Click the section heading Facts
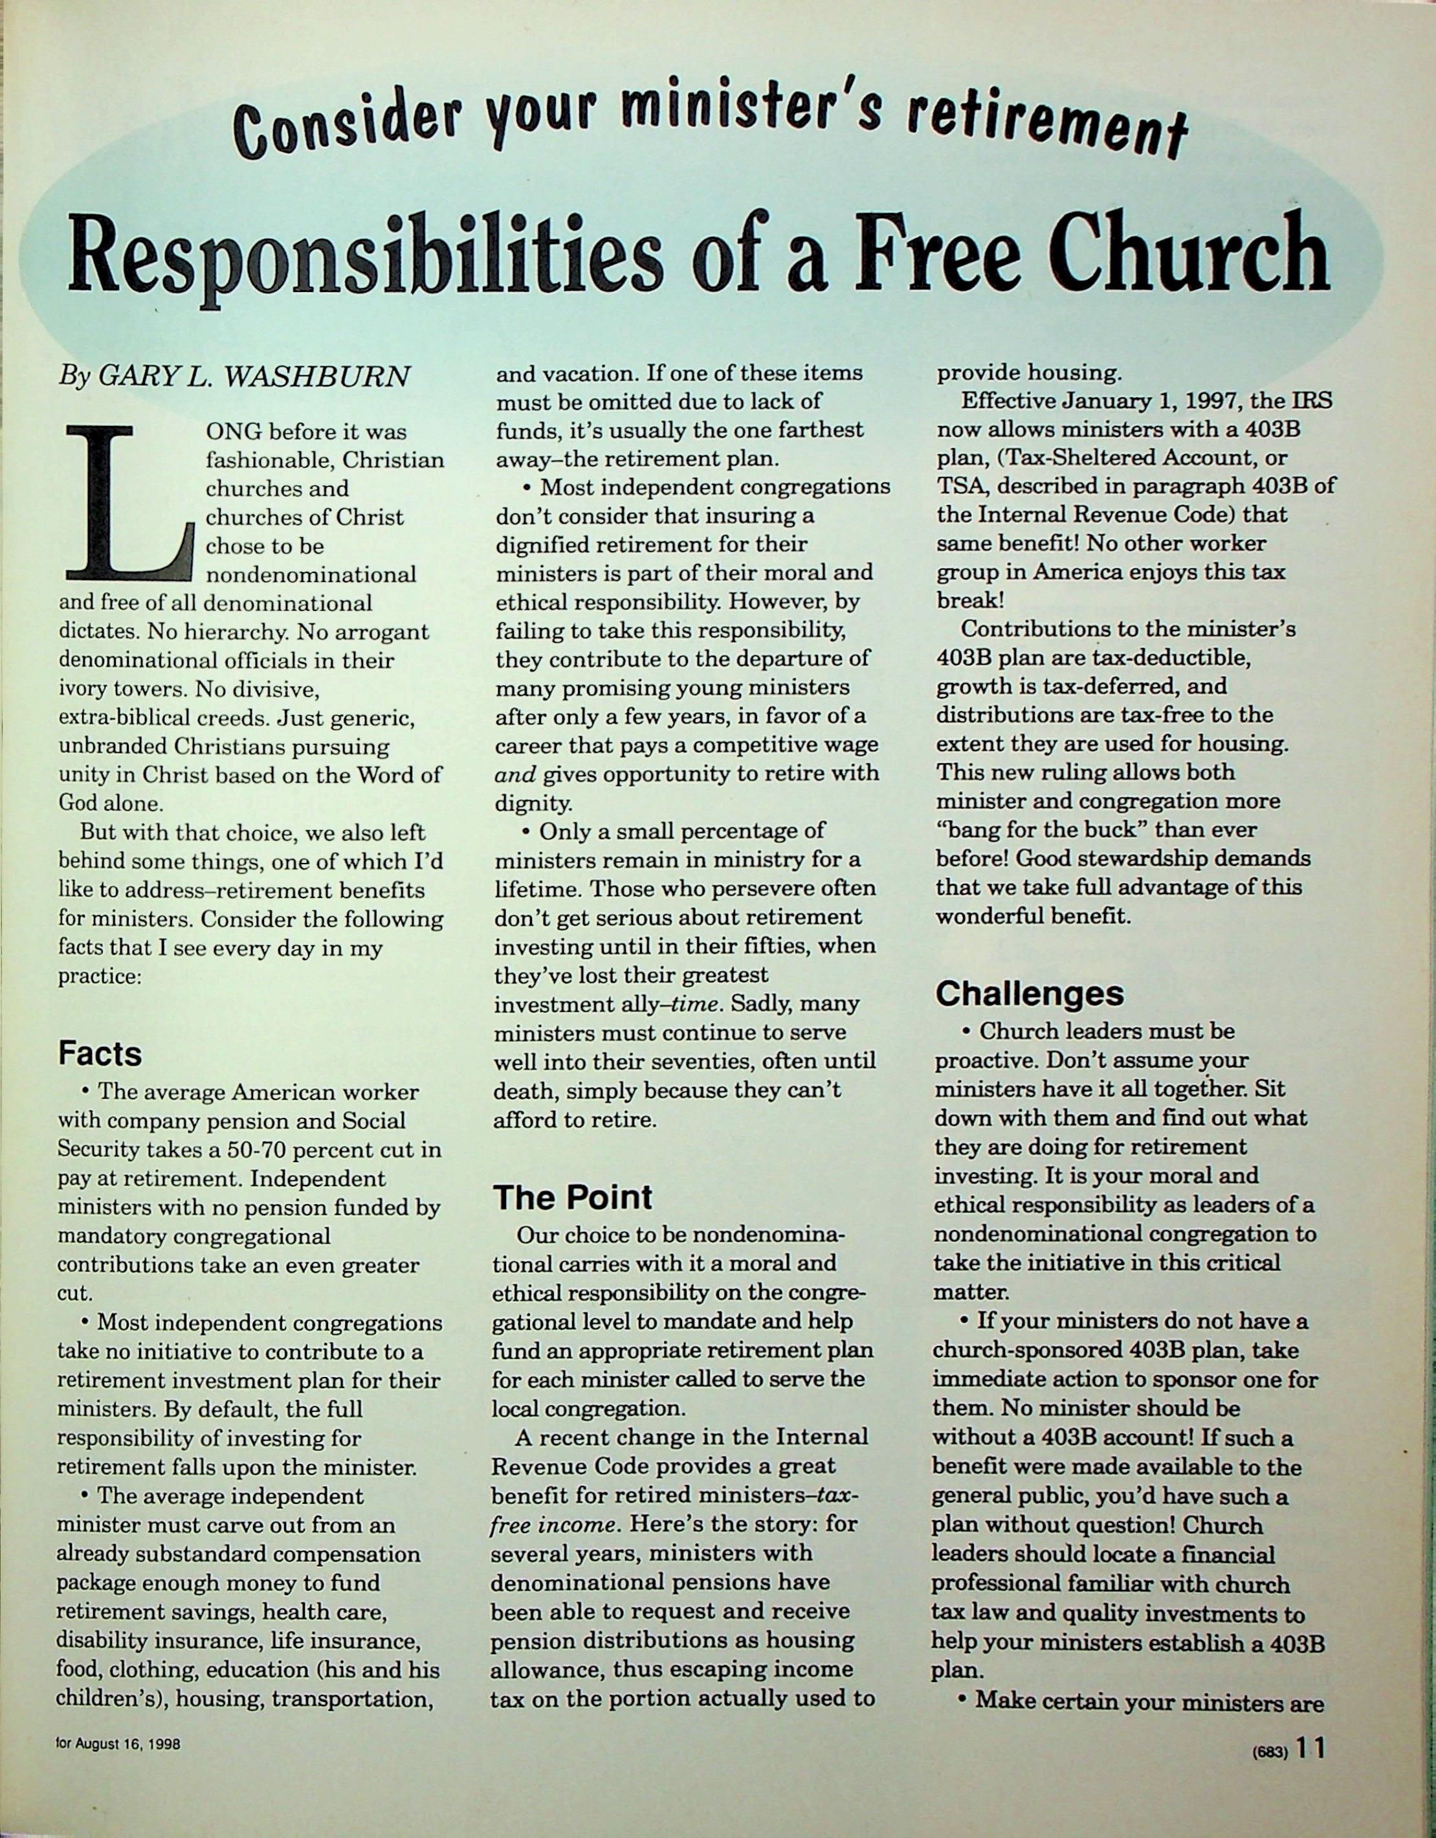[99, 1053]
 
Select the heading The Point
[572, 1196]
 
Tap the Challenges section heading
[1029, 994]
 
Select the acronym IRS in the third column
[1310, 401]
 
